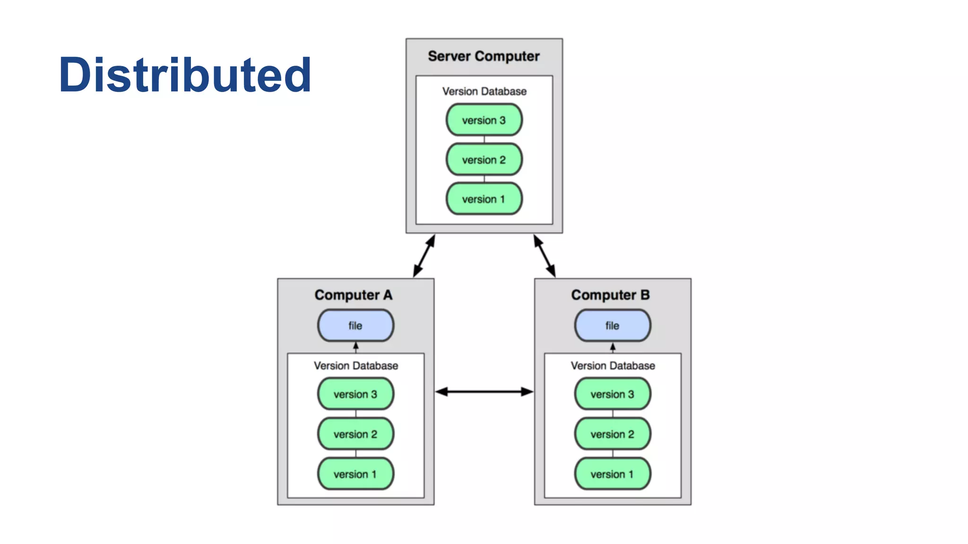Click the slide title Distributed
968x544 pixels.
click(185, 75)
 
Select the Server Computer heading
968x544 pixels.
click(484, 56)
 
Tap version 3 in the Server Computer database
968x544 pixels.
click(484, 120)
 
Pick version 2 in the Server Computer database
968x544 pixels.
click(484, 160)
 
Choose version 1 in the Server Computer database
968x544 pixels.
click(484, 199)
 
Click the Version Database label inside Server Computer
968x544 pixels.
click(484, 91)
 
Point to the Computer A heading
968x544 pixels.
click(354, 295)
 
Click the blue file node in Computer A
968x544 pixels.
click(355, 325)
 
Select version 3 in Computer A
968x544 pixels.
click(355, 394)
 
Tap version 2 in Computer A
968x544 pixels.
click(355, 434)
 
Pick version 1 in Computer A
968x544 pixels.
click(355, 474)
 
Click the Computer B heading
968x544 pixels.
click(610, 295)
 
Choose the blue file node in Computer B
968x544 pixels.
click(613, 325)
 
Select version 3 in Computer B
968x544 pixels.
click(613, 394)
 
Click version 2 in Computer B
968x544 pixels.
click(613, 434)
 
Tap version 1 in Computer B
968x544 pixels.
click(613, 474)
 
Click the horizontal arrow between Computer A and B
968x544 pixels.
click(484, 391)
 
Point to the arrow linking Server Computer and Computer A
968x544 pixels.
click(424, 256)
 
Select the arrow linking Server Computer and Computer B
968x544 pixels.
click(544, 256)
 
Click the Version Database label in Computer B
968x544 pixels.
click(613, 365)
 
